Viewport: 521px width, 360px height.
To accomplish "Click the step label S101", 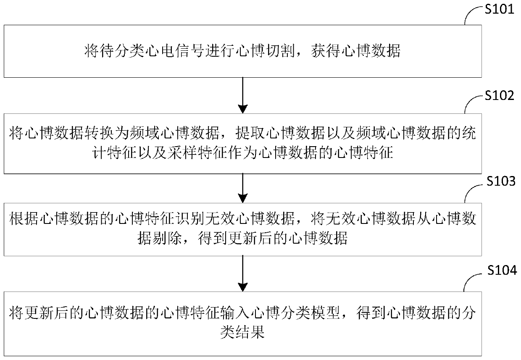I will (x=499, y=9).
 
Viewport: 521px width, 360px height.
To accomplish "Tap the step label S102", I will (x=499, y=96).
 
